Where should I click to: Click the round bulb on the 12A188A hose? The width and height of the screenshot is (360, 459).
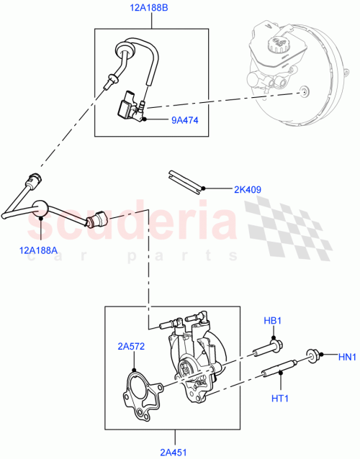[41, 207]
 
